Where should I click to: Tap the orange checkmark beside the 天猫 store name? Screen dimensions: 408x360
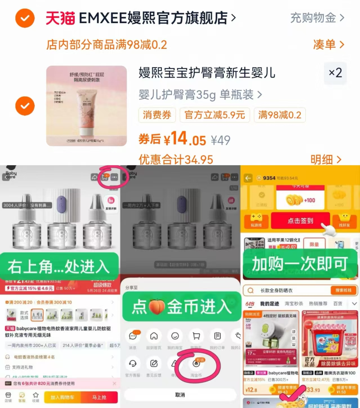[25, 18]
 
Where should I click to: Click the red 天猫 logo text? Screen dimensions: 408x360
[61, 18]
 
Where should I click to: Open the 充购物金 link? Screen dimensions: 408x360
[317, 18]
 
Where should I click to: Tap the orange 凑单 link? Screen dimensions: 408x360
[328, 44]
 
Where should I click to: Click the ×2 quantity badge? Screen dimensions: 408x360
[335, 73]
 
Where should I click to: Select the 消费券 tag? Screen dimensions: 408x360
[157, 115]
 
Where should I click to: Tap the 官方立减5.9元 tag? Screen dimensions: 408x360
[215, 115]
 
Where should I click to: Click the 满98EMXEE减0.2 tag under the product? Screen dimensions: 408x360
[279, 115]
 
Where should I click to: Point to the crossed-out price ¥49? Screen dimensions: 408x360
[221, 140]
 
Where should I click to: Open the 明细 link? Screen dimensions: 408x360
[326, 160]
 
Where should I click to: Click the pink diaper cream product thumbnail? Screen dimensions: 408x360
[86, 106]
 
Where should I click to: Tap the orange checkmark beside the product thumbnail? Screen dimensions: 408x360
[25, 106]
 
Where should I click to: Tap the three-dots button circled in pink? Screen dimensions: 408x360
[114, 177]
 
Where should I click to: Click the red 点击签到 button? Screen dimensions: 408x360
[300, 221]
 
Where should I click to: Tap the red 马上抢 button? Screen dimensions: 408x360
[99, 397]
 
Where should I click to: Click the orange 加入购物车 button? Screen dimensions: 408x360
[62, 397]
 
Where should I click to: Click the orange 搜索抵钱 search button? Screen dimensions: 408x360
[343, 290]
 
